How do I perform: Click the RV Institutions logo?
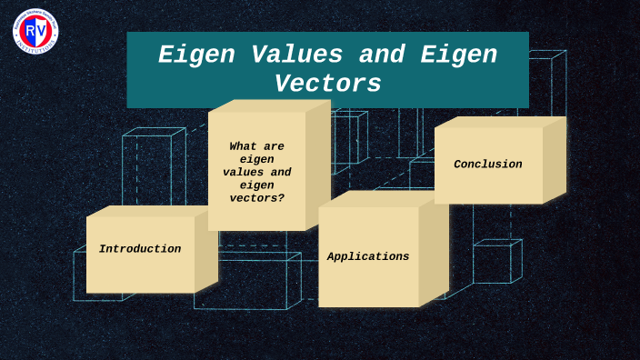[x=35, y=29]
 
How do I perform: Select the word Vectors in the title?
[x=328, y=84]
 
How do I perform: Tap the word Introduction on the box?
[x=140, y=249]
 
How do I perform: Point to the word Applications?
[x=368, y=257]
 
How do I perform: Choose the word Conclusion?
[x=488, y=165]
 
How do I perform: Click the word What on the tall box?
[x=244, y=145]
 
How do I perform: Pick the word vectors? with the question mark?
[x=257, y=197]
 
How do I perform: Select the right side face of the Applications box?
[x=434, y=253]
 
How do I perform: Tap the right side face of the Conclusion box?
[x=555, y=160]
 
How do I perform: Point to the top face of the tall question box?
[x=269, y=105]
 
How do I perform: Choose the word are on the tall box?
[x=272, y=145]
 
